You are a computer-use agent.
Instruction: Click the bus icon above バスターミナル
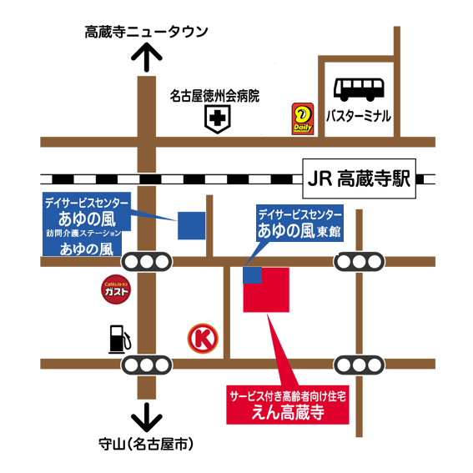click(359, 89)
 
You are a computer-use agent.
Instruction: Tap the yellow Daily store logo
click(303, 118)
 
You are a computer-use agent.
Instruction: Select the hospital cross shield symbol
click(218, 118)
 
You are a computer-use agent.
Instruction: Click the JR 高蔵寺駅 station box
click(360, 179)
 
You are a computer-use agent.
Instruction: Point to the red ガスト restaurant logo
click(116, 289)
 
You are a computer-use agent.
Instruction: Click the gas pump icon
click(119, 339)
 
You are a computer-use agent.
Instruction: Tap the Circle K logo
click(203, 338)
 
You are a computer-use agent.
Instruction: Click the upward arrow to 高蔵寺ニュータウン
click(147, 57)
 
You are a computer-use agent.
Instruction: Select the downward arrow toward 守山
click(147, 417)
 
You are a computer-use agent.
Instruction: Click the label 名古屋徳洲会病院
click(214, 96)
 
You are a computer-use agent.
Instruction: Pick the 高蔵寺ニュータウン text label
click(146, 32)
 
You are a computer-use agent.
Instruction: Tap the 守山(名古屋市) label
click(146, 444)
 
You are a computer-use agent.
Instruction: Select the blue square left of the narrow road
click(192, 225)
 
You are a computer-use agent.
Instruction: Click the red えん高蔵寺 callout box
click(288, 405)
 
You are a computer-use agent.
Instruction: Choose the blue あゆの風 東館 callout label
click(299, 223)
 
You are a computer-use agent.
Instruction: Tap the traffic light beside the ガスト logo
click(147, 262)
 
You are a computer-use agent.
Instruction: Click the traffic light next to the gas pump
click(147, 365)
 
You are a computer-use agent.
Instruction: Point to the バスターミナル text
click(359, 116)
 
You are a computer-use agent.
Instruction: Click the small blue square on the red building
click(252, 275)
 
